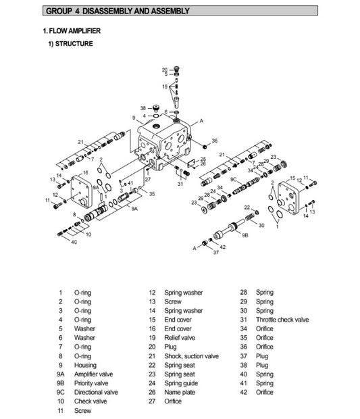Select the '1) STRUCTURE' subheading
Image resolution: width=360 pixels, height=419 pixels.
click(x=70, y=45)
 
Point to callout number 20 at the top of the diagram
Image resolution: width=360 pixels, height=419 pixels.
click(x=164, y=70)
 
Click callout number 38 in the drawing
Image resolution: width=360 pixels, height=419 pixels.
click(x=143, y=107)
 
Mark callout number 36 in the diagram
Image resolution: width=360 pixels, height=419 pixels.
click(x=215, y=141)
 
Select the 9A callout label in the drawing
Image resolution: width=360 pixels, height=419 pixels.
click(x=134, y=209)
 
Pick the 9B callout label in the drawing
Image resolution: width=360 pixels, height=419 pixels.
click(x=245, y=234)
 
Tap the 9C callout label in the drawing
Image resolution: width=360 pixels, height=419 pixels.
click(x=234, y=180)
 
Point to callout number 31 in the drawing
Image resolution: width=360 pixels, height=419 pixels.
click(x=180, y=183)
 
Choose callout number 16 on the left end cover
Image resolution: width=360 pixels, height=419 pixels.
click(x=86, y=173)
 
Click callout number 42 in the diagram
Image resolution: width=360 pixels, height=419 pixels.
click(x=223, y=247)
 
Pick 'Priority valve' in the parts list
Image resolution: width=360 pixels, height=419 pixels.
click(x=91, y=383)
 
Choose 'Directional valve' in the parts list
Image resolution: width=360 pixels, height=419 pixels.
click(x=96, y=392)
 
